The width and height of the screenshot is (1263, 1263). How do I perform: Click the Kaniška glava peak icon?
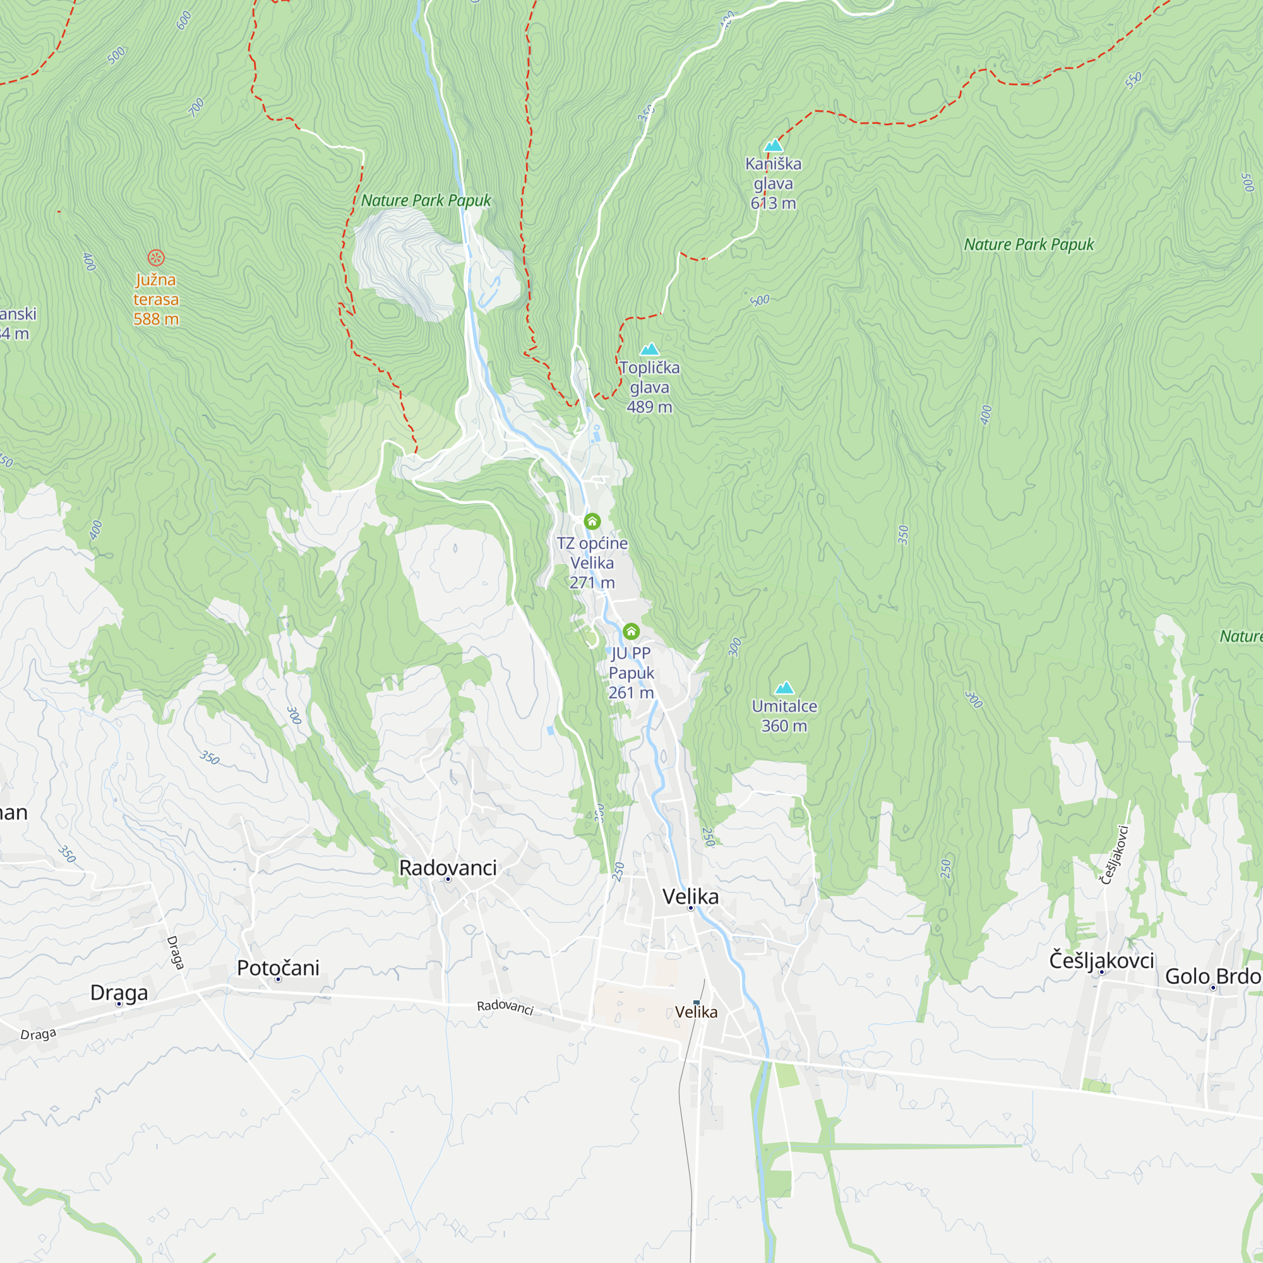pyautogui.click(x=774, y=145)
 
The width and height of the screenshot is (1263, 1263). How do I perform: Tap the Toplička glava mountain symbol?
pyautogui.click(x=649, y=349)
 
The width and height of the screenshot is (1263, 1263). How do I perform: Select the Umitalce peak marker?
pyautogui.click(x=784, y=688)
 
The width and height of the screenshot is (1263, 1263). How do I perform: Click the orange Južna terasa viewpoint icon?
pyautogui.click(x=155, y=258)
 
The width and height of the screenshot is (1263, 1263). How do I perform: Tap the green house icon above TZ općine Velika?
pyautogui.click(x=592, y=521)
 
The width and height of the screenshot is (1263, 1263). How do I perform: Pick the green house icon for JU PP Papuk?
pyautogui.click(x=631, y=631)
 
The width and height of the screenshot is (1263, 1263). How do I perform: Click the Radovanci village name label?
pyautogui.click(x=448, y=868)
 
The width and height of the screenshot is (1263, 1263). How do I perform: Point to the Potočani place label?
pyautogui.click(x=278, y=967)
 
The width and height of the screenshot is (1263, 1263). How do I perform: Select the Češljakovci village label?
pyautogui.click(x=1101, y=961)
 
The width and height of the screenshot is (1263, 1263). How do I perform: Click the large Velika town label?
pyautogui.click(x=690, y=896)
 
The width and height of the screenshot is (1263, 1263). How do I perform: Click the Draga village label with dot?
pyautogui.click(x=119, y=992)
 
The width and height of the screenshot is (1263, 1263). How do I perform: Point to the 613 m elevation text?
pyautogui.click(x=773, y=203)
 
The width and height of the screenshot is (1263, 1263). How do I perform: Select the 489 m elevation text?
pyautogui.click(x=649, y=407)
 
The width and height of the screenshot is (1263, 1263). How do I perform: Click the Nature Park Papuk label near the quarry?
pyautogui.click(x=426, y=201)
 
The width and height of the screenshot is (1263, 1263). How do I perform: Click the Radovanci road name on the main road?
pyautogui.click(x=505, y=1007)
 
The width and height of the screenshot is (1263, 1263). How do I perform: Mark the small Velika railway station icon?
pyautogui.click(x=696, y=1002)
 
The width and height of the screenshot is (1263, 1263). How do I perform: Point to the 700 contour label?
pyautogui.click(x=196, y=107)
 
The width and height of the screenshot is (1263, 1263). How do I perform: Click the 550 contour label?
pyautogui.click(x=1133, y=80)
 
